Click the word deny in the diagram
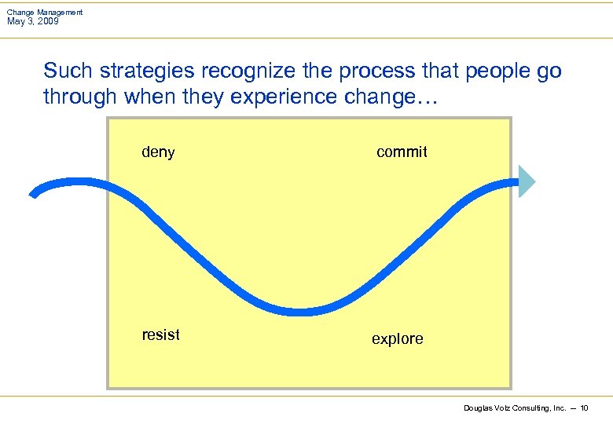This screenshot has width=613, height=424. tap(158, 152)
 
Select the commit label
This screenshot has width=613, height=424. tap(402, 152)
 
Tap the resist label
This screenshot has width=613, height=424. tap(160, 335)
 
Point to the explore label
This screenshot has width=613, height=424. tap(397, 339)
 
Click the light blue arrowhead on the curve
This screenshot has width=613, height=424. tap(527, 181)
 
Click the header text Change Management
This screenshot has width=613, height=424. tap(45, 13)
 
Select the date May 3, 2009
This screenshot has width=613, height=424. tap(32, 21)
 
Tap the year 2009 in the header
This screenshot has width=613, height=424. tap(46, 21)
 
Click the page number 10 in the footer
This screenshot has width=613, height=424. tap(584, 408)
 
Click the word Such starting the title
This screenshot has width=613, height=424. tap(62, 71)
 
